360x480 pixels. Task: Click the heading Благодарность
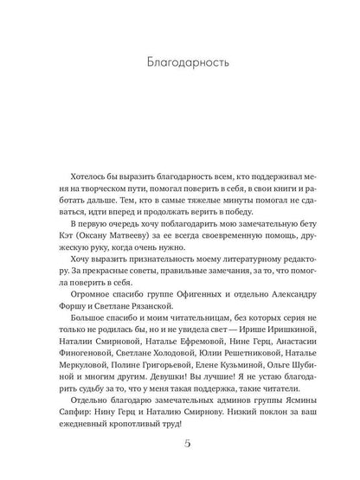coord(179,62)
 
